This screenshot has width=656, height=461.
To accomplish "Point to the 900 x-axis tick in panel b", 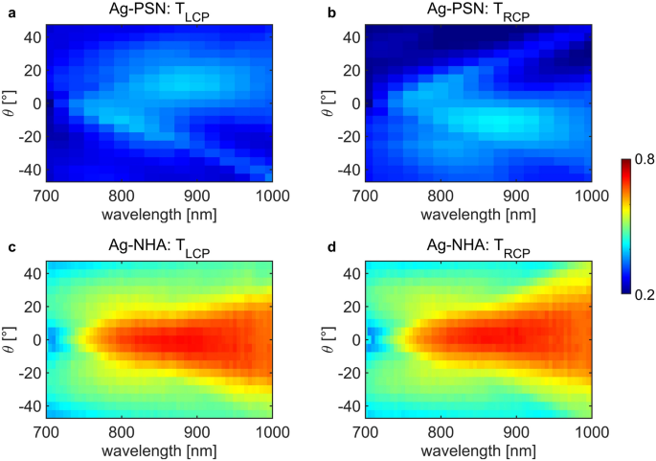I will tap(516, 194).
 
